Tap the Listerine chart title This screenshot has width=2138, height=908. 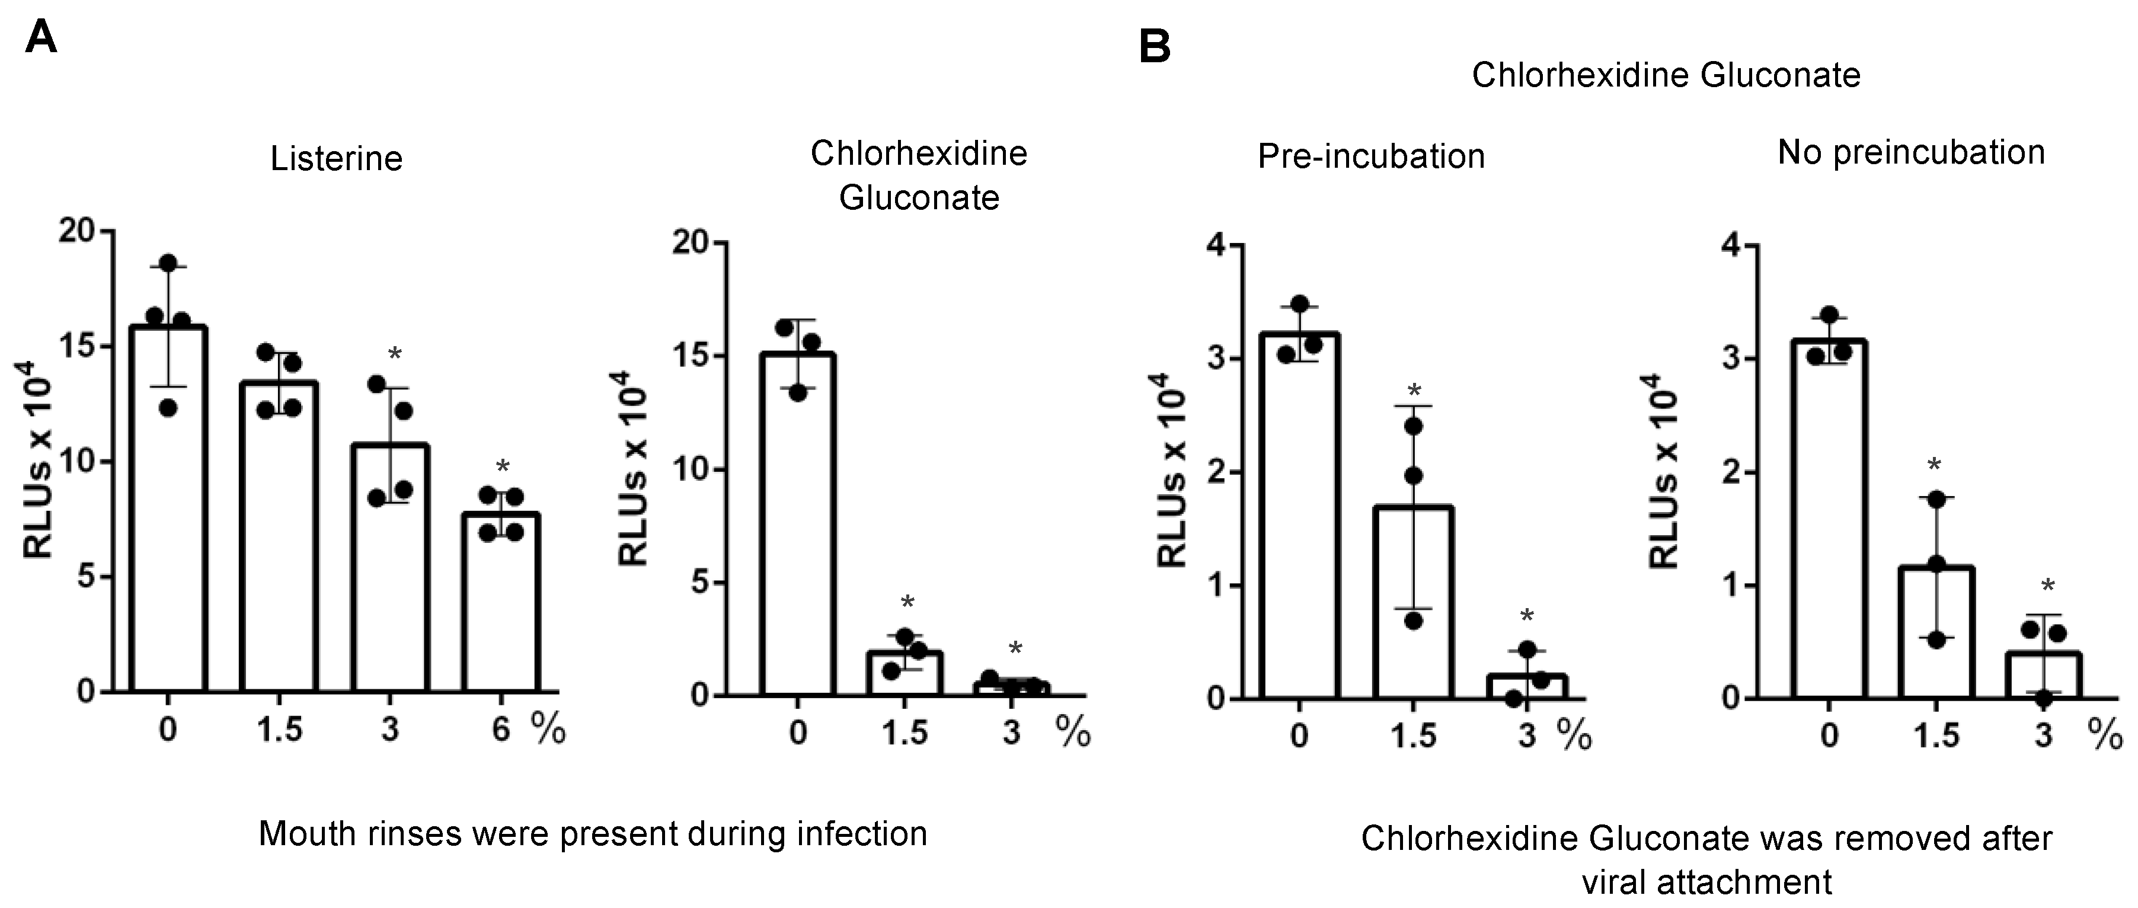336,158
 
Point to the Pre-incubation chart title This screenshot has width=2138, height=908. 1370,156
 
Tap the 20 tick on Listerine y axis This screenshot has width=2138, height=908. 76,230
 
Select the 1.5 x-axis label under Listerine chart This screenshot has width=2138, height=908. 279,730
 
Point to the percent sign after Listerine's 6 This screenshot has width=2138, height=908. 549,730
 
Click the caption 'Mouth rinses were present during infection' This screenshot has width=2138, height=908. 593,833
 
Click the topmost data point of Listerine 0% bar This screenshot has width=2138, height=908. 168,263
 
